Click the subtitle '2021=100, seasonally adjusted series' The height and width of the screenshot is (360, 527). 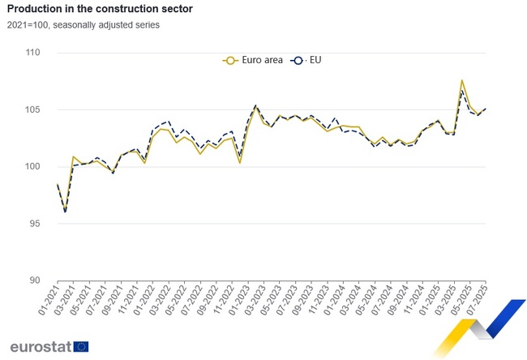coord(85,25)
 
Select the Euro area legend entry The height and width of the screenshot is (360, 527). coord(253,60)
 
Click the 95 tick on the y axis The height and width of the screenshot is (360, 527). coord(35,224)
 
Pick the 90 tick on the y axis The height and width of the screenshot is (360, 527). coord(35,281)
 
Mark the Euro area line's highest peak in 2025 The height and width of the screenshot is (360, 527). coord(462,80)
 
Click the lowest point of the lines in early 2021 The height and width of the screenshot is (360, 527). coord(66,212)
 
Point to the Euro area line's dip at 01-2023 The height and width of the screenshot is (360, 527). coord(240,163)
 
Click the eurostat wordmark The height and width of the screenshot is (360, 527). coord(40,346)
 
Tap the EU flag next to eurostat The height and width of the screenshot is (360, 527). coord(81,346)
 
